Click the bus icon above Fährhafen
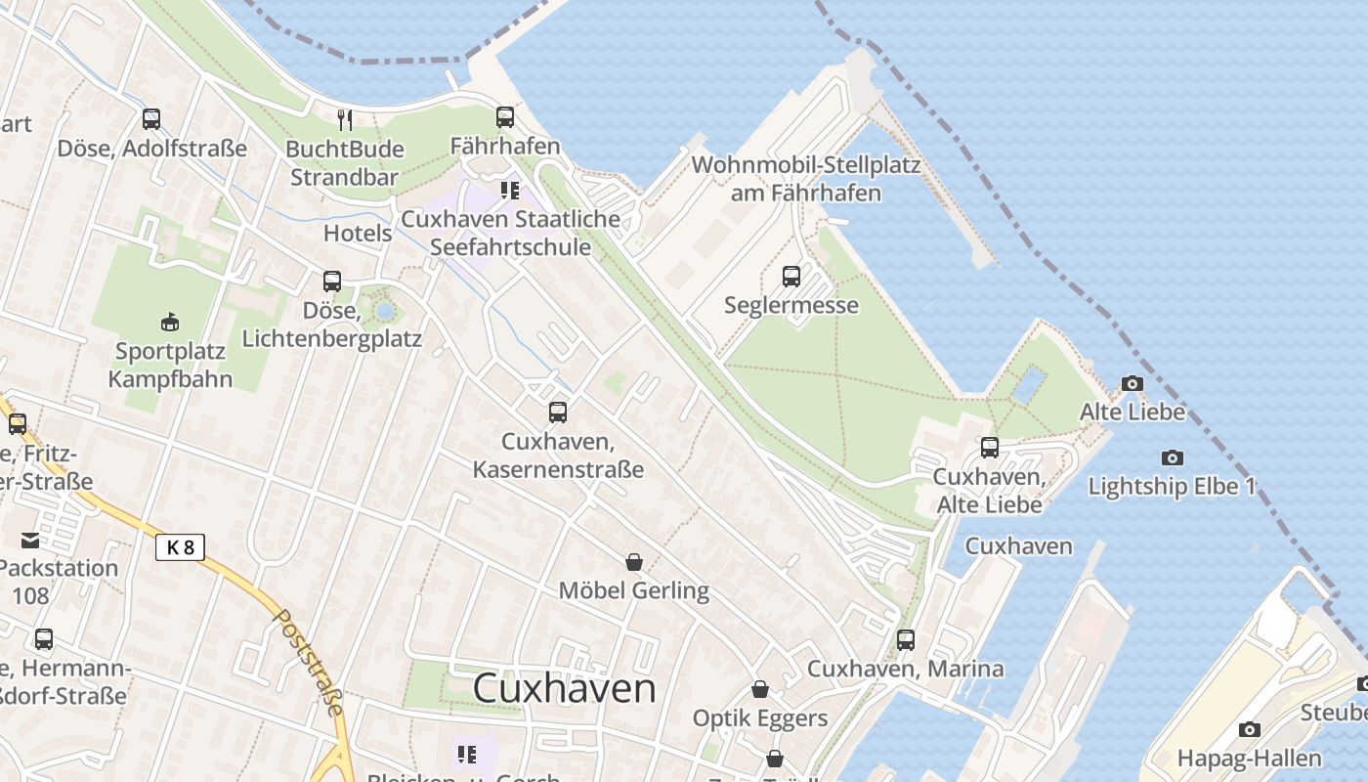coord(504,117)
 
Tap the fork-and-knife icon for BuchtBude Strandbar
coord(344,120)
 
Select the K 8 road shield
coord(181,547)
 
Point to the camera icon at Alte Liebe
coord(1132,384)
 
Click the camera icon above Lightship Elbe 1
coord(1172,457)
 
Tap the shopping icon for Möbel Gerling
coord(633,562)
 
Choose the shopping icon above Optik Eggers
coord(759,690)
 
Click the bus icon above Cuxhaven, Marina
coord(905,640)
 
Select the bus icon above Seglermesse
coord(791,277)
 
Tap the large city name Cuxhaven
coord(564,688)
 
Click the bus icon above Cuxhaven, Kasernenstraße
coord(557,413)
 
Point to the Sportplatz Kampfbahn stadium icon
coord(170,322)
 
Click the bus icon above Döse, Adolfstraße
coord(150,119)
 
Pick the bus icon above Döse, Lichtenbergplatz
coord(331,282)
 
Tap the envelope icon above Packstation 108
coord(29,540)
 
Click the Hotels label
coord(358,234)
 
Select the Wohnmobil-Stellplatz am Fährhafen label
coord(805,178)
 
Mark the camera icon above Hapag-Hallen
coord(1248,729)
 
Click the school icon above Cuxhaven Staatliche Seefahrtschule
coord(509,190)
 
